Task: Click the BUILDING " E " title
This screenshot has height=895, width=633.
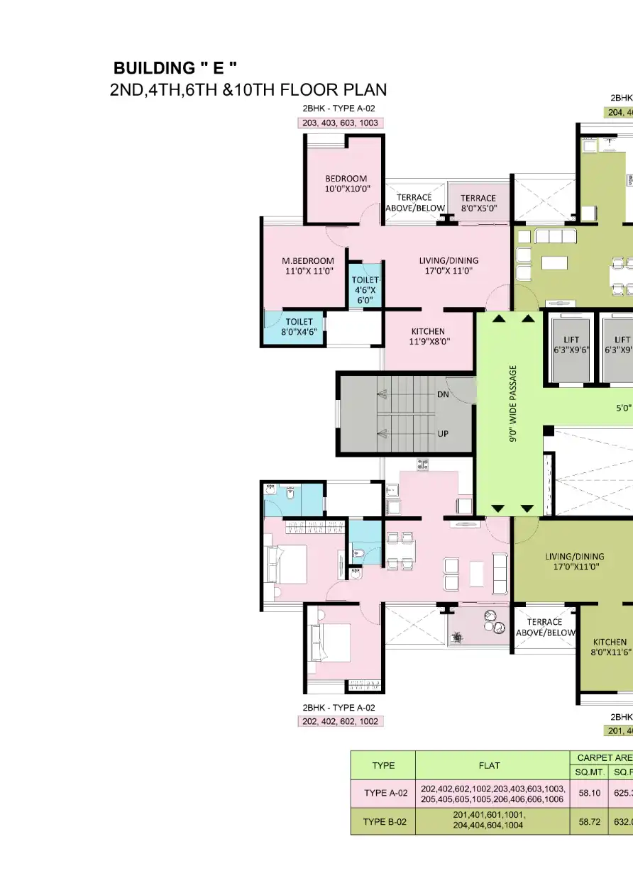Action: click(x=175, y=68)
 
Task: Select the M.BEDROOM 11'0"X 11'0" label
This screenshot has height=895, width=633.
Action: click(x=308, y=266)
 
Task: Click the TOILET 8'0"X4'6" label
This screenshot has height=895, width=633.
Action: click(x=299, y=327)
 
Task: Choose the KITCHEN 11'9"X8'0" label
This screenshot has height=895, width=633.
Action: click(x=428, y=336)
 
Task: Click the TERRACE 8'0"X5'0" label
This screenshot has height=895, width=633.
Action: click(x=478, y=204)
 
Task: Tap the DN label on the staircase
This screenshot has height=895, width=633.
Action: click(x=443, y=394)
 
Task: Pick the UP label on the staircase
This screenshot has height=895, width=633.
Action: click(x=443, y=435)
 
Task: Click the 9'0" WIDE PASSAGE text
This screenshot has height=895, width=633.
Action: click(x=513, y=413)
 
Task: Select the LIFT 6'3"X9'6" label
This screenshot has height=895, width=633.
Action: click(x=571, y=345)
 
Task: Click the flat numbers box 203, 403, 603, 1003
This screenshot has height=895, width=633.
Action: click(x=340, y=123)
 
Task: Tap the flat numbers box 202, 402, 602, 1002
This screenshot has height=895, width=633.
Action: click(x=339, y=721)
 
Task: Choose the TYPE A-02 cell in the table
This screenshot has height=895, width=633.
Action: click(x=383, y=793)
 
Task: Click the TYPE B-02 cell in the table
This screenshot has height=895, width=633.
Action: click(x=383, y=821)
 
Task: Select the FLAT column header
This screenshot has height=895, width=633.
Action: click(x=490, y=765)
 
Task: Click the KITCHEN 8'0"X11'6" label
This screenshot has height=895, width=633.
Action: click(x=610, y=647)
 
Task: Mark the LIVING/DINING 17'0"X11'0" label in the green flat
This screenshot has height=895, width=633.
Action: click(x=575, y=562)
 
